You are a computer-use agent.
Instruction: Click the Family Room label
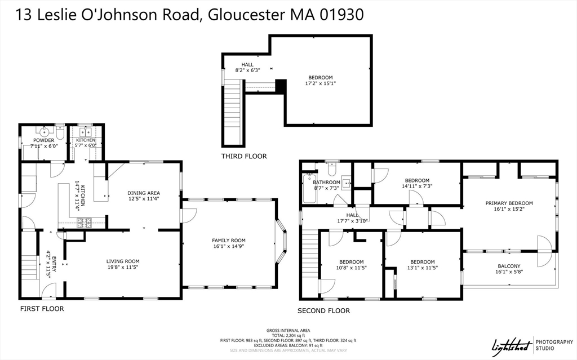pyautogui.click(x=228, y=241)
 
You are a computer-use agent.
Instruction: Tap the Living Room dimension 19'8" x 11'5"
pyautogui.click(x=123, y=268)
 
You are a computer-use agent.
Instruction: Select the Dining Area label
pyautogui.click(x=144, y=193)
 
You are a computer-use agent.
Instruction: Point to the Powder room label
pyautogui.click(x=43, y=140)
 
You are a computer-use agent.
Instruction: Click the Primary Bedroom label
pyautogui.click(x=509, y=203)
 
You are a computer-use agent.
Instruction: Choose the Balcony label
pyautogui.click(x=509, y=266)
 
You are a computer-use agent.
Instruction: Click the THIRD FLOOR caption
pyautogui.click(x=244, y=156)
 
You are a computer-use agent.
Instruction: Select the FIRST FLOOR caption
pyautogui.click(x=42, y=309)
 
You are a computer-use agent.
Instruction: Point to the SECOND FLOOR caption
pyautogui.click(x=323, y=310)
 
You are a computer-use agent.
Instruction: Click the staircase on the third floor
pyautogui.click(x=232, y=113)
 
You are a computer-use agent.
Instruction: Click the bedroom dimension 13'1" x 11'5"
pyautogui.click(x=422, y=269)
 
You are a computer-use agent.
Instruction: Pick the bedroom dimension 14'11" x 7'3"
pyautogui.click(x=417, y=186)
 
